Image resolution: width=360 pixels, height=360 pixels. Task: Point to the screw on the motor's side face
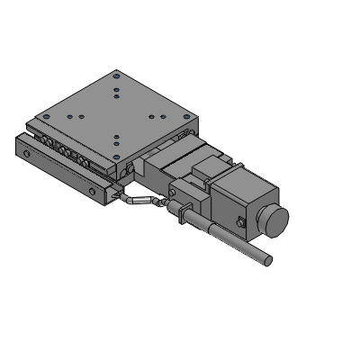240,222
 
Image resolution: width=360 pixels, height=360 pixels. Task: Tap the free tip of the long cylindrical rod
267,261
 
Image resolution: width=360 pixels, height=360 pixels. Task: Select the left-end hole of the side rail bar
28,156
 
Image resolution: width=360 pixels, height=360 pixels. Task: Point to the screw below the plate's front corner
130,169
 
